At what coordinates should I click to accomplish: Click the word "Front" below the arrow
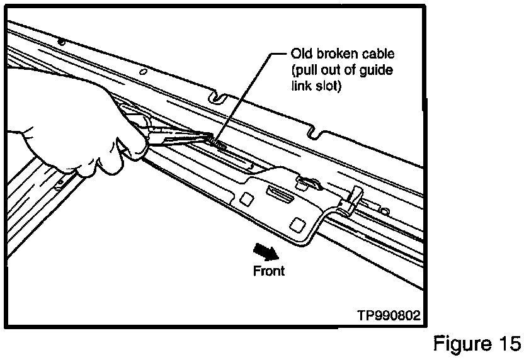pos(269,271)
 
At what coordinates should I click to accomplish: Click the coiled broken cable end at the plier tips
pos(217,144)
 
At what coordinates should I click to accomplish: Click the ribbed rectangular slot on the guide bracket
pos(280,193)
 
